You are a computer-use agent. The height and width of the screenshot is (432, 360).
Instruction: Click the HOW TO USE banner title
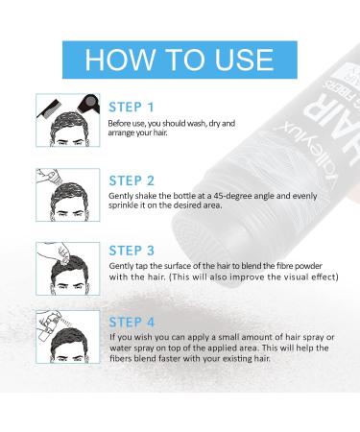pyautogui.click(x=180, y=60)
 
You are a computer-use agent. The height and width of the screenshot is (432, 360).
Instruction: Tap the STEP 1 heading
pyautogui.click(x=132, y=108)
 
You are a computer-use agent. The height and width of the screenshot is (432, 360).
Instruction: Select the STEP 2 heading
pyautogui.click(x=132, y=180)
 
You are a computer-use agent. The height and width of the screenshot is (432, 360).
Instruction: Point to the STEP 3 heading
pyautogui.click(x=132, y=251)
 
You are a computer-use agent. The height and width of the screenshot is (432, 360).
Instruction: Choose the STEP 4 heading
pyautogui.click(x=132, y=323)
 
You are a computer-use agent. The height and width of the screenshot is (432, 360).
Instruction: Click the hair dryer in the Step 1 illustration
pyautogui.click(x=89, y=103)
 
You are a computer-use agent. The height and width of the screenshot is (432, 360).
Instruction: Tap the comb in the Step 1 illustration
pyautogui.click(x=49, y=108)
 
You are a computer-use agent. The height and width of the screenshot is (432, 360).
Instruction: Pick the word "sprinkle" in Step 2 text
pyautogui.click(x=121, y=205)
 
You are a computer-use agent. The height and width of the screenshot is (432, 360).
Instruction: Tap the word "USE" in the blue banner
pyautogui.click(x=244, y=60)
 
